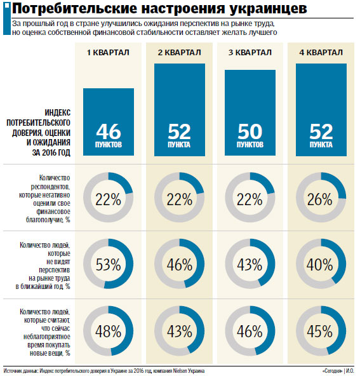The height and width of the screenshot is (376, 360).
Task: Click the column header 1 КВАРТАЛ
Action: pos(108,52)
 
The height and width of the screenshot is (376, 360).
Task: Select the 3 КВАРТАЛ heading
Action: pos(250,52)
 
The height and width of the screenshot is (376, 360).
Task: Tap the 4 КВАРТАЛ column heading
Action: pos(321,52)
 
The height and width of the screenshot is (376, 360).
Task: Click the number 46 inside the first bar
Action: pos(109,131)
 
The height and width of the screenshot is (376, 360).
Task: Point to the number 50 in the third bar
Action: pos(250,131)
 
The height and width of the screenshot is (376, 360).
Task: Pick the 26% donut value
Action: pos(320,199)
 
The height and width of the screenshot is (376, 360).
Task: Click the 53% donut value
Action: pos(109,264)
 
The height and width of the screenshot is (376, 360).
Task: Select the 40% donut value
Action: pos(320,264)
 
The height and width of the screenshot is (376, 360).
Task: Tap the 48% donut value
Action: pos(109,331)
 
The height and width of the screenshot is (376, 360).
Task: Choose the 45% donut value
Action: pos(320,331)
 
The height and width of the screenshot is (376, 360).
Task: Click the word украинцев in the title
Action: pos(268,9)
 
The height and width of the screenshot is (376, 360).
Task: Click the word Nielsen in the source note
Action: pos(180,371)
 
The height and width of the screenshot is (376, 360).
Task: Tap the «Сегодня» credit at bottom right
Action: pos(333,371)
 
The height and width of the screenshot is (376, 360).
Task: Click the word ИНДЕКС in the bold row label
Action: pos(58,112)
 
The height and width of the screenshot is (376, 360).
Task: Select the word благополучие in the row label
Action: pos(45,220)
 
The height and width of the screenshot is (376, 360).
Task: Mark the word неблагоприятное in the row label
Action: pos(47,337)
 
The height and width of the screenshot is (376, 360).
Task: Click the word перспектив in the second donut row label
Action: pos(55,271)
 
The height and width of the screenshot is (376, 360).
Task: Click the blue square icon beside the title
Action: pos(7,5)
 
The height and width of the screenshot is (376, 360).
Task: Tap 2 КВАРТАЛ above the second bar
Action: pos(179,52)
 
